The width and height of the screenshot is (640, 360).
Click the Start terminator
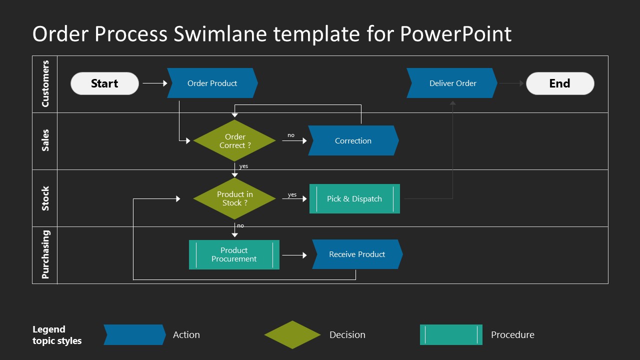click(104, 83)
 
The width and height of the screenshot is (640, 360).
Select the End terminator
click(559, 83)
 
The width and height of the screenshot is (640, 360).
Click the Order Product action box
click(212, 83)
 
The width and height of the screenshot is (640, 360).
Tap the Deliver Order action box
click(452, 83)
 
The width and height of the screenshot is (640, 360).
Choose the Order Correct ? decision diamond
click(234, 141)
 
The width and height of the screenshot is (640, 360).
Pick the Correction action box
click(353, 140)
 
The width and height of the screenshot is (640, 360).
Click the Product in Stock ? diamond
click(234, 198)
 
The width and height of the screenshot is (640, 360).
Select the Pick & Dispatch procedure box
click(354, 198)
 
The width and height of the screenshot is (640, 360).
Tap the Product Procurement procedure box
click(234, 254)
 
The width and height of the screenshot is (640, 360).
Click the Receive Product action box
click(357, 254)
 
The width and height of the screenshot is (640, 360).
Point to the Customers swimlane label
click(45, 84)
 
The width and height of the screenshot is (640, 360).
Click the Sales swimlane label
click(45, 140)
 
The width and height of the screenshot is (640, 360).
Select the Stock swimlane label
click(45, 198)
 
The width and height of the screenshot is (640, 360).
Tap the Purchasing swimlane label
click(45, 254)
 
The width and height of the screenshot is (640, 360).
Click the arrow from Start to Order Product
click(154, 83)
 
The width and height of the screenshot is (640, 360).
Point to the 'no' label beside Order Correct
click(291, 135)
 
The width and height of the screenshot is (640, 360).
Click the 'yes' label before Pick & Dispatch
click(292, 194)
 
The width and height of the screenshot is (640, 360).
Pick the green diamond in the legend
click(292, 334)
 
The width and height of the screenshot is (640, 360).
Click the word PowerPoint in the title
click(455, 34)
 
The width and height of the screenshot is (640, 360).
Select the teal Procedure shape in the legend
click(451, 334)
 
